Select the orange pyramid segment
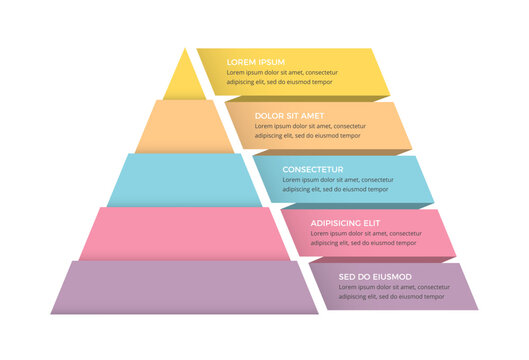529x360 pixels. [183, 127]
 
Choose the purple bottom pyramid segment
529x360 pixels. [183, 287]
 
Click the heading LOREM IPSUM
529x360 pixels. [256, 61]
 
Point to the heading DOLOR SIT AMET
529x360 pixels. [290, 115]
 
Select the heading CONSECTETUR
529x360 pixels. [313, 169]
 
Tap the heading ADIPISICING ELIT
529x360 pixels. [346, 223]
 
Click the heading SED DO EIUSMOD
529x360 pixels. [375, 276]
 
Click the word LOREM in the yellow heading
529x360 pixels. [242, 61]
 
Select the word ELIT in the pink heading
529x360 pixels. [372, 223]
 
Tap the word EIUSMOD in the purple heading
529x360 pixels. [392, 276]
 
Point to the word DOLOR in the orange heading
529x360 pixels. [268, 115]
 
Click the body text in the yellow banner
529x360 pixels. [282, 78]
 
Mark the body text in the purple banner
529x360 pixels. [393, 292]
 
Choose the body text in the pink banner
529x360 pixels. [365, 239]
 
